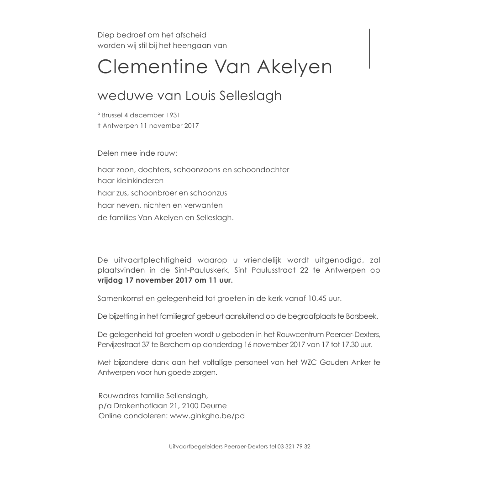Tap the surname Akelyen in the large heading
click(x=295, y=67)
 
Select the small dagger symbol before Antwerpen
click(x=99, y=126)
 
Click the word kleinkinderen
click(x=131, y=181)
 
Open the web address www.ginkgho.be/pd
click(x=207, y=416)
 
